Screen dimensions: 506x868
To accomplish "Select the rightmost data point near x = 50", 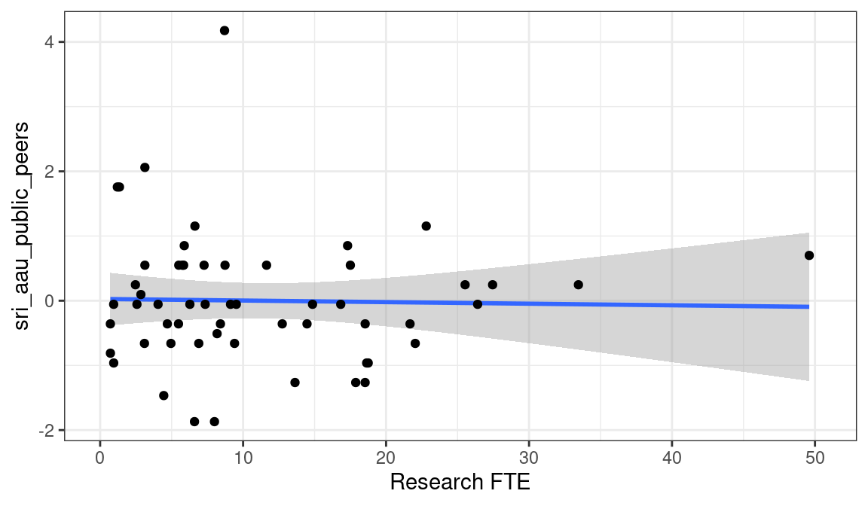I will [809, 255].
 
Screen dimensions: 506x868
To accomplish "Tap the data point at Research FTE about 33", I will [578, 285].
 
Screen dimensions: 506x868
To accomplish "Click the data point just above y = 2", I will [145, 167].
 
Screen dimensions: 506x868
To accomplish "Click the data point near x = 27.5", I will [493, 285].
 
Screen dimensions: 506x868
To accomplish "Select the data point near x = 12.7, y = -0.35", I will [282, 324].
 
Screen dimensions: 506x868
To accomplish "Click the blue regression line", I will [452, 303].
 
